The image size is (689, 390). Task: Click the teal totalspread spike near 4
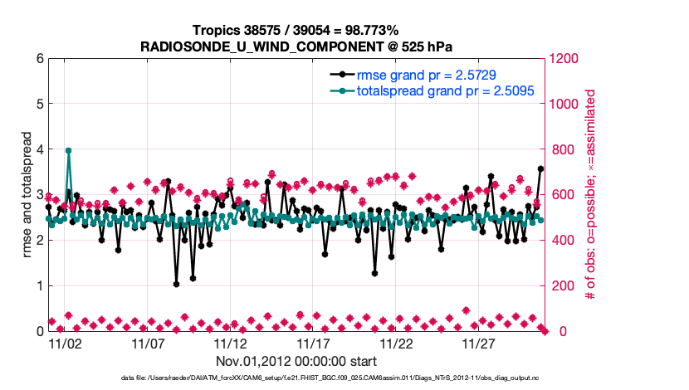coord(68,150)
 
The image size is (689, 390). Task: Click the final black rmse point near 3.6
coord(540,168)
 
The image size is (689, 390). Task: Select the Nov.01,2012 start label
coord(296,361)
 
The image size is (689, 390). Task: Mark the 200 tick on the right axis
coord(558,286)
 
